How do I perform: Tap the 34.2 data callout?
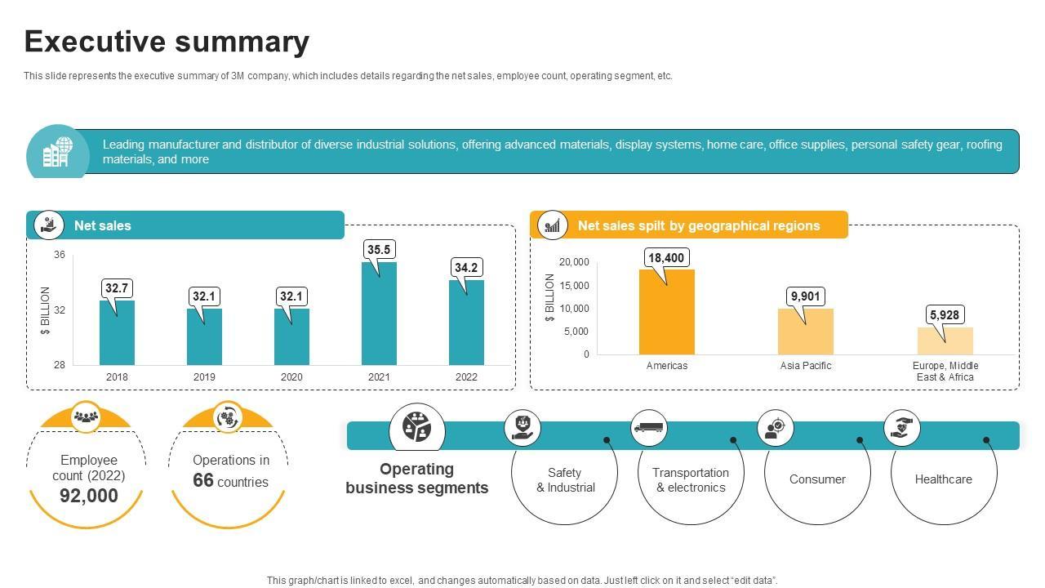(466, 267)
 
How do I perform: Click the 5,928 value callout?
(945, 314)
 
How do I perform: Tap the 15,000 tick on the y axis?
(574, 285)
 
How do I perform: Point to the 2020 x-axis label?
(291, 377)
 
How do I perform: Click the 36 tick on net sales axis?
(60, 255)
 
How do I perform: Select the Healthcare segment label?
(943, 479)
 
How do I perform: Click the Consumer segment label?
(817, 479)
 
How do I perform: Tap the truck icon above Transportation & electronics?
(649, 427)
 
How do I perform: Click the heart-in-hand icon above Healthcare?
(902, 427)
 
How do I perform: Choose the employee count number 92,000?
(88, 496)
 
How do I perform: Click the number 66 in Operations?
(203, 480)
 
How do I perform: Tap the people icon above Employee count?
(86, 416)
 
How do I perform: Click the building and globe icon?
(56, 152)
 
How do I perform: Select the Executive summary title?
(167, 42)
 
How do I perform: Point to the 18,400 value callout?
(666, 258)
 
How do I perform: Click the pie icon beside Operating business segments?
(417, 427)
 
